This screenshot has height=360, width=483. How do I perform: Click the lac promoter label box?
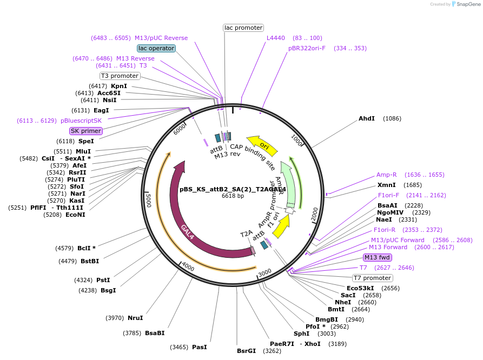tap(243, 28)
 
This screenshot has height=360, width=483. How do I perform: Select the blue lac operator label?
tap(156, 48)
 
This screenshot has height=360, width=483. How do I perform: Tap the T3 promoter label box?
tap(120, 76)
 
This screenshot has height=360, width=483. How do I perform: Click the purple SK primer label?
tap(86, 131)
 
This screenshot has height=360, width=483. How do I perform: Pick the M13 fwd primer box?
tap(378, 257)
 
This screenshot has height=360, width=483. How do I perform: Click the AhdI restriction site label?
tap(366, 118)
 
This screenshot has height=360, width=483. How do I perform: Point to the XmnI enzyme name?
tap(387, 185)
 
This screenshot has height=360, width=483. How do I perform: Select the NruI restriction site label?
tap(135, 318)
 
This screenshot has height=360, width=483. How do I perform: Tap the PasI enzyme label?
tap(199, 347)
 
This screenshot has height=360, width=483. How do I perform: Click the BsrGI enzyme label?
tap(246, 351)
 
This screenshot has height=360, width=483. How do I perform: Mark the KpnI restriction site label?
tap(119, 86)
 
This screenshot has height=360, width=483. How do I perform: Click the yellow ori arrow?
tap(262, 145)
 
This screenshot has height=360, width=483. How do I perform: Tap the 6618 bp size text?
tap(233, 196)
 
